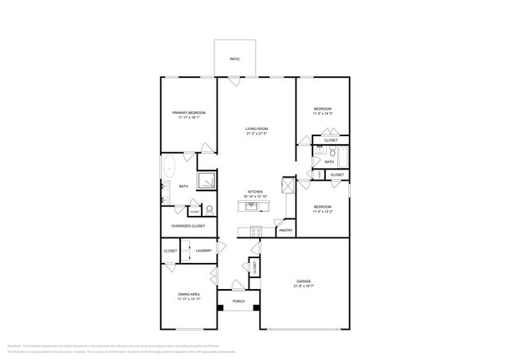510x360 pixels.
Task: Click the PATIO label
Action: click(x=235, y=59)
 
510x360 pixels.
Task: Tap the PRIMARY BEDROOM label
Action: click(x=189, y=112)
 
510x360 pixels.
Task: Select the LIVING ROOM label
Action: click(x=256, y=128)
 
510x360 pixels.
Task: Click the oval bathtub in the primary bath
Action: click(x=169, y=167)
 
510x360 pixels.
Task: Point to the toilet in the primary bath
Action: click(x=210, y=209)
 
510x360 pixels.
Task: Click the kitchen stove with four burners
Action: click(x=256, y=232)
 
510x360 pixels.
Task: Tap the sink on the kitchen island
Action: click(x=251, y=205)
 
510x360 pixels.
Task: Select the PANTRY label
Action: click(x=284, y=231)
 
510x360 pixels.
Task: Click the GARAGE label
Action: click(x=303, y=281)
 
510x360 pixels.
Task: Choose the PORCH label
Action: click(x=238, y=302)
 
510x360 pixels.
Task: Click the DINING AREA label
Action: click(x=189, y=295)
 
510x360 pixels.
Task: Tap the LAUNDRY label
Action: click(x=203, y=251)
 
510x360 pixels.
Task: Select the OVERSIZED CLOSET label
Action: click(x=188, y=226)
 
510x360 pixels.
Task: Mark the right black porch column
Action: click(x=257, y=307)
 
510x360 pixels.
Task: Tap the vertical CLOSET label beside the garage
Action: click(x=254, y=268)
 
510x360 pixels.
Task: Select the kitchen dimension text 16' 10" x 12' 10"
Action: click(x=256, y=197)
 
